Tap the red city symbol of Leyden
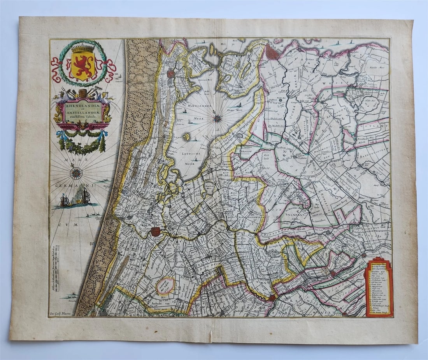(156, 232)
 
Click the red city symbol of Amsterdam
(273, 52)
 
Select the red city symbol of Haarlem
(171, 73)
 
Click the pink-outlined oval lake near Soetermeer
(165, 286)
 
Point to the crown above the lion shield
(82, 49)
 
